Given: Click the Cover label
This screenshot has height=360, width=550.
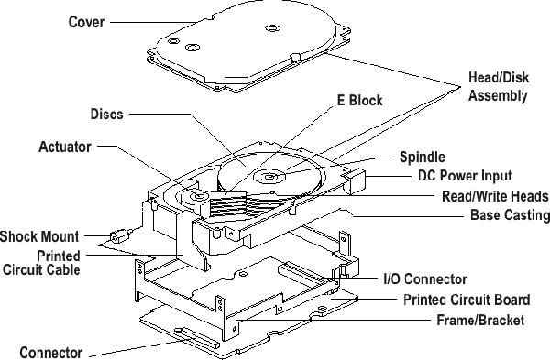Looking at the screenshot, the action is point(86,22).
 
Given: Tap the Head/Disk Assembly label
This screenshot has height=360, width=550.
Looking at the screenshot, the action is point(499,86).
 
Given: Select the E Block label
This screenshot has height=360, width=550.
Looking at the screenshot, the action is point(360,100).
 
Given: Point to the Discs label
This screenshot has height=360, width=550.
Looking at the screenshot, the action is point(106,114).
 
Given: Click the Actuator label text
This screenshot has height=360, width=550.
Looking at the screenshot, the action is point(65,147).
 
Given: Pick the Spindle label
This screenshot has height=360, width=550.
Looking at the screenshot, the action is point(423,157).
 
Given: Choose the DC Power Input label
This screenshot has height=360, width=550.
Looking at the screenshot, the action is point(465,175).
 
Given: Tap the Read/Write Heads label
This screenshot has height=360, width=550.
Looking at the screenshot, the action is point(495,196).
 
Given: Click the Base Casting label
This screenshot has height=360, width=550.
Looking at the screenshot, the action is point(510,214).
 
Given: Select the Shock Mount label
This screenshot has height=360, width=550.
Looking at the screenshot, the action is point(39,236).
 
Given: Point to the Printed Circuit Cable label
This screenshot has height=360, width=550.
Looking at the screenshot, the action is point(41,263).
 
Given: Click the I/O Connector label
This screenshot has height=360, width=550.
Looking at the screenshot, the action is point(425,279).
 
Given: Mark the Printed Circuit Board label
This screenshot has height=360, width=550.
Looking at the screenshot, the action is point(467,300).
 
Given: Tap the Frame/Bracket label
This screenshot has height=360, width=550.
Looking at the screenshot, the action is point(480,320).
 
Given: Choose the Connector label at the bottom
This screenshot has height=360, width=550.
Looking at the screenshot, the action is point(51,353).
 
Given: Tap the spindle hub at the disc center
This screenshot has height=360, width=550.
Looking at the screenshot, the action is point(269,177).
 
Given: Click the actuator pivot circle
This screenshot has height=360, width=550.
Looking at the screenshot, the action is point(195,196).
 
